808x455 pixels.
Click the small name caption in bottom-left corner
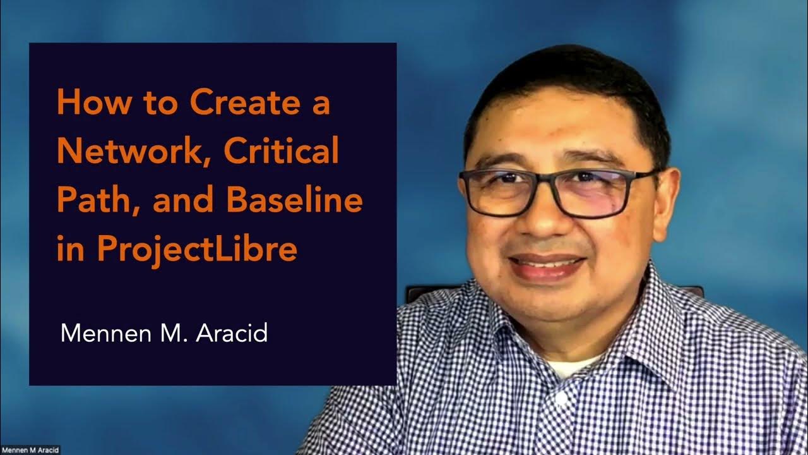(30, 450)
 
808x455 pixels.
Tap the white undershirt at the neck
(571, 367)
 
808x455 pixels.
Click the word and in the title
(171, 201)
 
